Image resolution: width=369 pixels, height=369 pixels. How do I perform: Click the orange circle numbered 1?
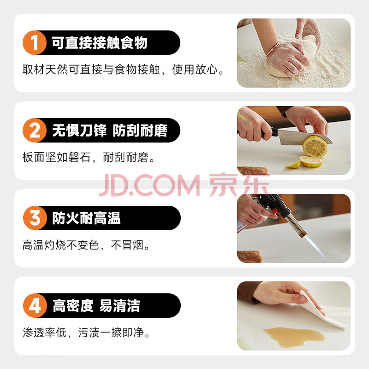35,42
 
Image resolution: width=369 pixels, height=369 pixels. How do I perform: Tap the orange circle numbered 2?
35,130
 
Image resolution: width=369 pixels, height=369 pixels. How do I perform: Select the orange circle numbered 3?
35,218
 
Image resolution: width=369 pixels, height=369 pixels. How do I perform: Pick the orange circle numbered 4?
35,305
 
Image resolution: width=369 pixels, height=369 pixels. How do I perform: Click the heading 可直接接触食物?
99,43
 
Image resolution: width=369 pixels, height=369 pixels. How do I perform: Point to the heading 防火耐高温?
86,218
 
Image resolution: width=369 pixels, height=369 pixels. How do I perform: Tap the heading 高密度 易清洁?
96,306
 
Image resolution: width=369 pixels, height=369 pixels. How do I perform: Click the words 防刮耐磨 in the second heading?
140,131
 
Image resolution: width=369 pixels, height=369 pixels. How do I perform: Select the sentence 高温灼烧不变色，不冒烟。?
86,245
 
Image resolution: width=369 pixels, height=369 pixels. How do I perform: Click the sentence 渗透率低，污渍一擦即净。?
87,333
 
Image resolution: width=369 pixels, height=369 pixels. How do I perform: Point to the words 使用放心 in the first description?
195,70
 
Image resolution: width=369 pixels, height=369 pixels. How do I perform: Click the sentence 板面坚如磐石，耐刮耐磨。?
89,157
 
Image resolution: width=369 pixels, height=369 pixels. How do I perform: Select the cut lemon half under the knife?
315,146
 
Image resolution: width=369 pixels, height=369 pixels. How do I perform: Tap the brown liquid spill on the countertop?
294,337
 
